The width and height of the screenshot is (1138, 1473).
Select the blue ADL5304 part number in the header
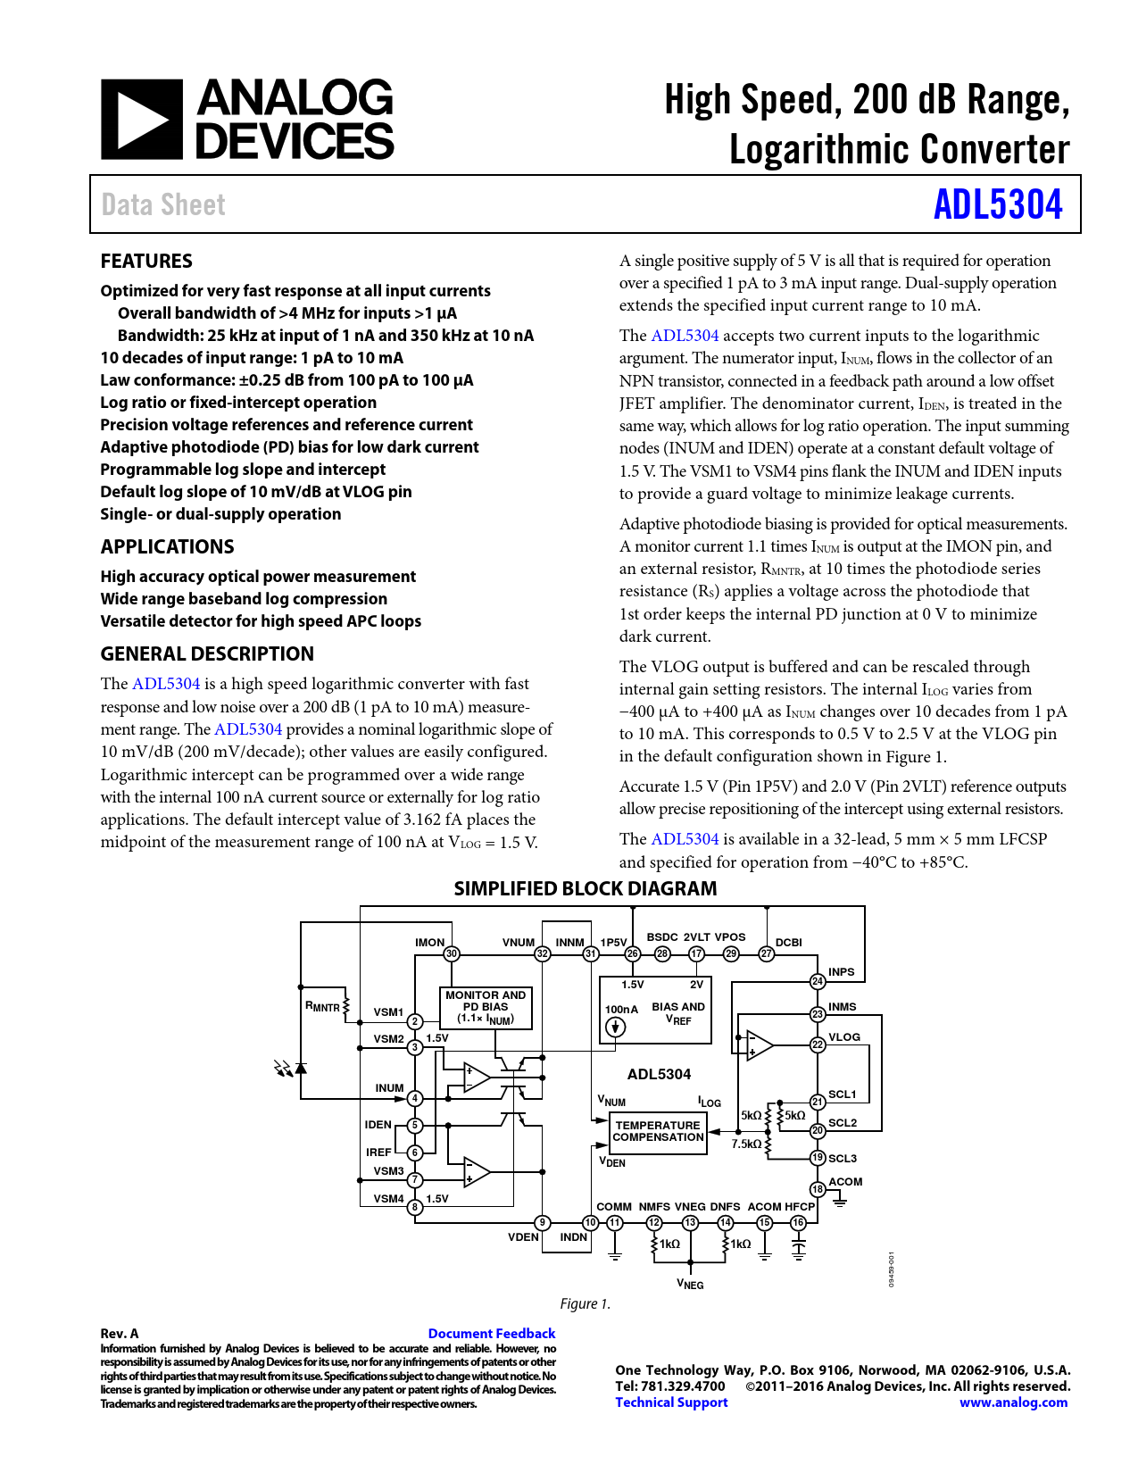click(998, 204)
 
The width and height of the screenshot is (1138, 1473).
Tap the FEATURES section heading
click(146, 262)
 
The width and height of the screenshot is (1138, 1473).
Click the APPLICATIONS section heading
click(167, 547)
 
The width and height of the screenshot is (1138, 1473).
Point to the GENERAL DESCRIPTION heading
click(207, 654)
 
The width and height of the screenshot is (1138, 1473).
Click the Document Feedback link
click(492, 1334)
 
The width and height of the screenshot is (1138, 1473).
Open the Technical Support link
click(671, 1402)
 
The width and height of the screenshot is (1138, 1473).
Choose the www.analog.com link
click(1013, 1402)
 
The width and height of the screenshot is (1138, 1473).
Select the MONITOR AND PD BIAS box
click(486, 1007)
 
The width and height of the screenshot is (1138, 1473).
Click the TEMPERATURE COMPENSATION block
click(659, 1132)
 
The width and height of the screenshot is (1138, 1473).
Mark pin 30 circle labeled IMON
click(452, 953)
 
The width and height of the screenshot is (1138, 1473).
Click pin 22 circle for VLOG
click(818, 1044)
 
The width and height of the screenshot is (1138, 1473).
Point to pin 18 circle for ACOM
click(818, 1189)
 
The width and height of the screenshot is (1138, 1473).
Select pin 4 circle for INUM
click(415, 1098)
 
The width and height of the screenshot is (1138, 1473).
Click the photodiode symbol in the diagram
click(301, 1068)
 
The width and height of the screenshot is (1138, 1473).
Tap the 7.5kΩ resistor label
click(746, 1144)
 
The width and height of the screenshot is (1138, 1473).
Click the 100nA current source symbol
click(615, 1028)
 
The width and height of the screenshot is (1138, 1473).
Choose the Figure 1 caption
click(586, 1304)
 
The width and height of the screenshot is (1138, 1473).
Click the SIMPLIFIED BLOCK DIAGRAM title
click(585, 889)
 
